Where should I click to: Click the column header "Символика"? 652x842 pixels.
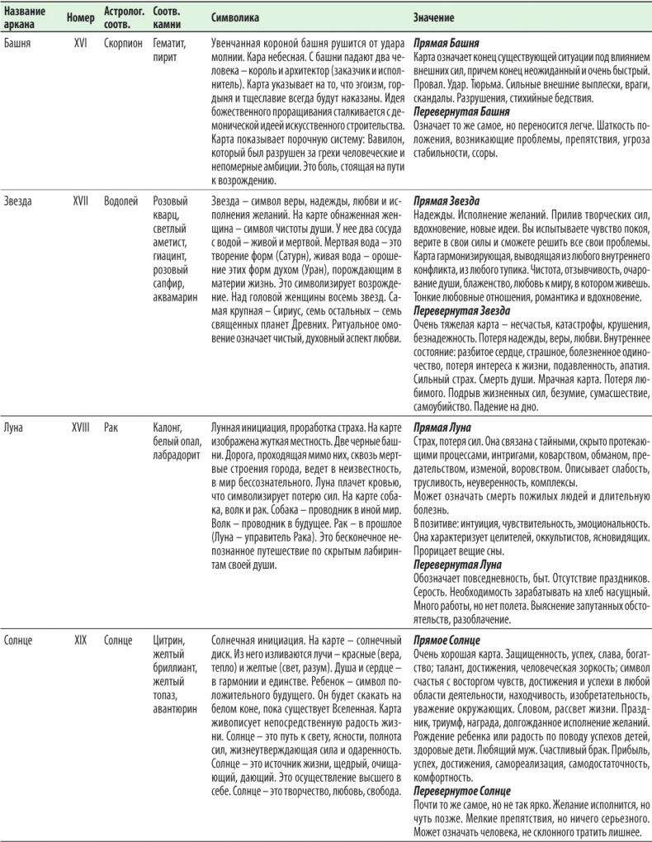(x=235, y=17)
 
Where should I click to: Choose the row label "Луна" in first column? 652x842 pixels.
(x=16, y=428)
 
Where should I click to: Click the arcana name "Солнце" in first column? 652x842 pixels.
(x=20, y=640)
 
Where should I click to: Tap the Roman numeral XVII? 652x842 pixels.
(x=81, y=201)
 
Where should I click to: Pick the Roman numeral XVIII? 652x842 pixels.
(x=82, y=428)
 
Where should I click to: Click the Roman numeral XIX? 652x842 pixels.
(x=81, y=640)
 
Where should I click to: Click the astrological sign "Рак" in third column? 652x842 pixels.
(x=112, y=428)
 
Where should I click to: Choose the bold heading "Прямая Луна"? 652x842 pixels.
(x=443, y=428)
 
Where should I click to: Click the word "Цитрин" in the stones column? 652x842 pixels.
(x=171, y=640)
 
